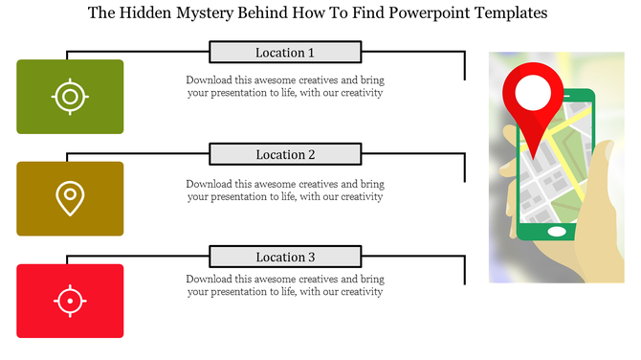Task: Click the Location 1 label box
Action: (x=285, y=53)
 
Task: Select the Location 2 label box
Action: (x=285, y=155)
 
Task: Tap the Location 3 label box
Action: (x=285, y=258)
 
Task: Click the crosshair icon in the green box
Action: (x=70, y=97)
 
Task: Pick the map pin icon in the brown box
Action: (x=70, y=198)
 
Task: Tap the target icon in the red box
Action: (x=70, y=301)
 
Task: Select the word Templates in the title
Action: (x=508, y=14)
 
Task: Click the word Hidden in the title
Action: (x=140, y=14)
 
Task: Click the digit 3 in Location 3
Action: (x=311, y=258)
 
